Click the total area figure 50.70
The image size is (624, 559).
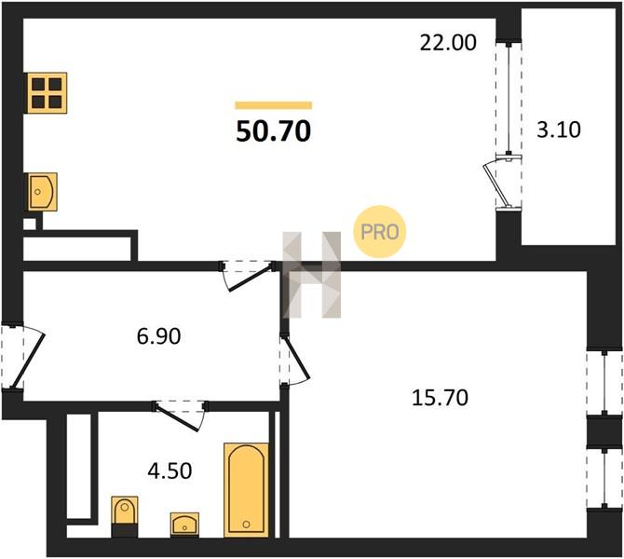(x=273, y=131)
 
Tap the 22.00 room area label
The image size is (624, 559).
(x=448, y=43)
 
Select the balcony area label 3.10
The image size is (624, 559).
(x=558, y=130)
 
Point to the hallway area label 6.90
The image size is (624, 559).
(x=158, y=335)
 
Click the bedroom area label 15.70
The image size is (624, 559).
(x=440, y=397)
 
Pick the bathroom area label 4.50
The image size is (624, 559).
(x=170, y=470)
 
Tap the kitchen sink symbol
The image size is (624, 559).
(x=41, y=192)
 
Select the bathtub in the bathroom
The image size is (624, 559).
(x=246, y=490)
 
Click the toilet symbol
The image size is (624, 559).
(x=125, y=517)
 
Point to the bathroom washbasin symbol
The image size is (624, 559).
(x=184, y=524)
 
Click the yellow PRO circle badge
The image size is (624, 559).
(x=380, y=231)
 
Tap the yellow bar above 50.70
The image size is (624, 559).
(x=274, y=105)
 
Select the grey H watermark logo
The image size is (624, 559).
(x=312, y=275)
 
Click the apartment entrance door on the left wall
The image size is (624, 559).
(x=23, y=356)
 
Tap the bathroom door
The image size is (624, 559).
(x=180, y=415)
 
